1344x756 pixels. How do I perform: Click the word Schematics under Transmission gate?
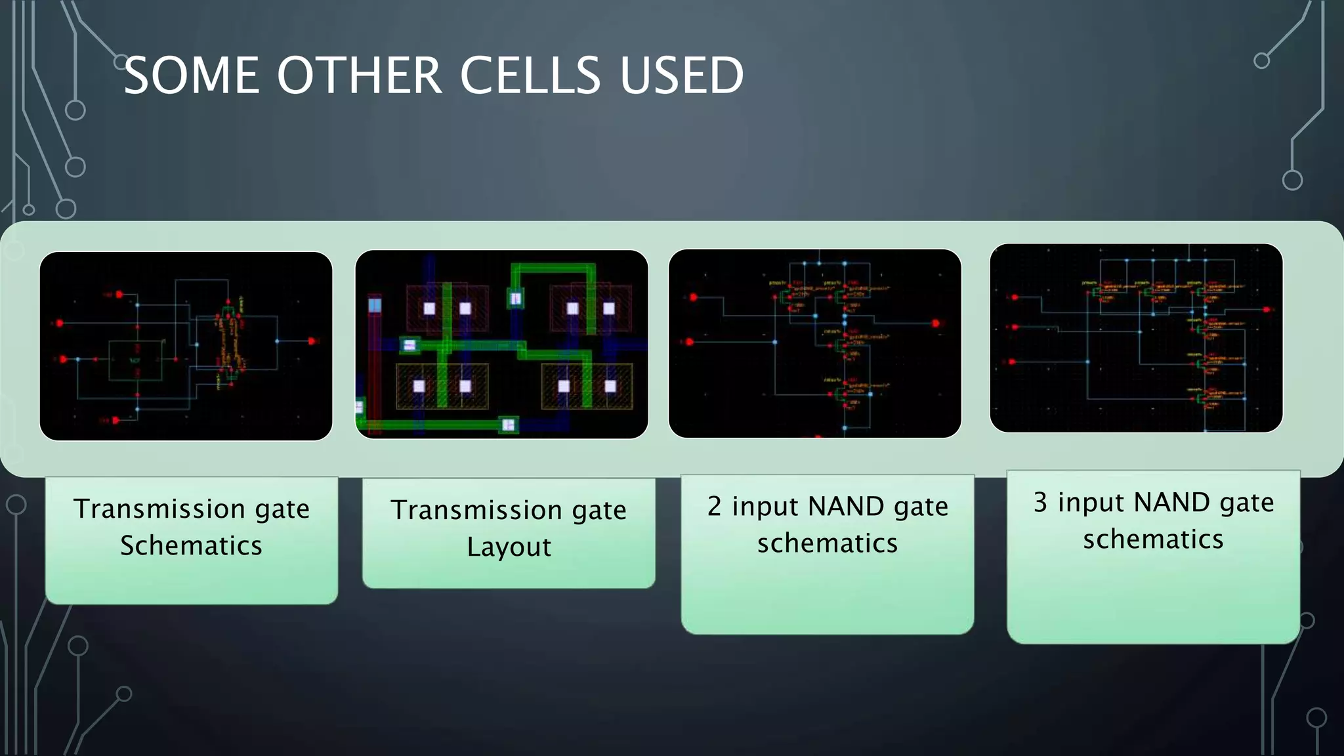191,546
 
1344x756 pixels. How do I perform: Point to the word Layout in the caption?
509,547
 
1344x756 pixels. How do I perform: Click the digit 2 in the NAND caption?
714,507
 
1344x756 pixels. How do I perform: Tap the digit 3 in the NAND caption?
1040,503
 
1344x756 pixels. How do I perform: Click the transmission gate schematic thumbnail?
186,346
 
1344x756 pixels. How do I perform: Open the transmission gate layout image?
501,344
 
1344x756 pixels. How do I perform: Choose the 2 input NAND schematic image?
814,343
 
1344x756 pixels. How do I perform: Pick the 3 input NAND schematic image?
1135,338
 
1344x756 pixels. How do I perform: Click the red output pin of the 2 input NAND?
936,324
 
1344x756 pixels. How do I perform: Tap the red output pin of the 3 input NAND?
1267,310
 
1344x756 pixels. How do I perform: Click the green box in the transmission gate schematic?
135,360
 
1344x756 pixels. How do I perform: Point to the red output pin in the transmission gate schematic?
312,341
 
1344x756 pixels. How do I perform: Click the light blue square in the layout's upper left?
375,305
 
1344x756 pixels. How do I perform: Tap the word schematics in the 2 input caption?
827,543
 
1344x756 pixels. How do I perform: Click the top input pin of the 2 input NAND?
693,297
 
